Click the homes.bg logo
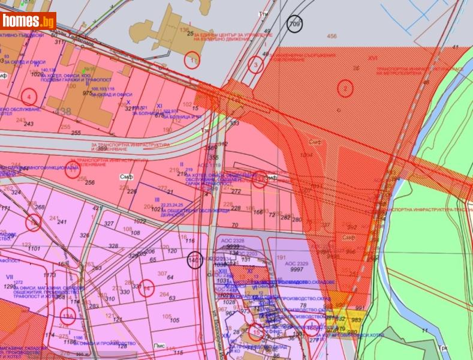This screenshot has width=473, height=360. tap(28, 23)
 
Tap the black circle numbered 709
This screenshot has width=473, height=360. tap(294, 23)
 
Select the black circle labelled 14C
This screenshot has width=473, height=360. tap(194, 261)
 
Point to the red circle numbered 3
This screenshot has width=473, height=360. tap(256, 64)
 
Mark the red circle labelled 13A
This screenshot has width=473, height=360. tap(67, 316)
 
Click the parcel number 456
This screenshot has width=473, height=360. tap(332, 37)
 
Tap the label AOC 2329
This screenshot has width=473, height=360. tap(297, 263)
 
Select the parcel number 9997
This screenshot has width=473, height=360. tap(296, 270)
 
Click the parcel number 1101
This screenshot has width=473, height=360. tap(34, 248)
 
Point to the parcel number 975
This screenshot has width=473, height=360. tap(87, 93)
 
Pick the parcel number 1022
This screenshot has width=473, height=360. tap(140, 221)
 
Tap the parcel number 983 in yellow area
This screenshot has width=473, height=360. tap(356, 320)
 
